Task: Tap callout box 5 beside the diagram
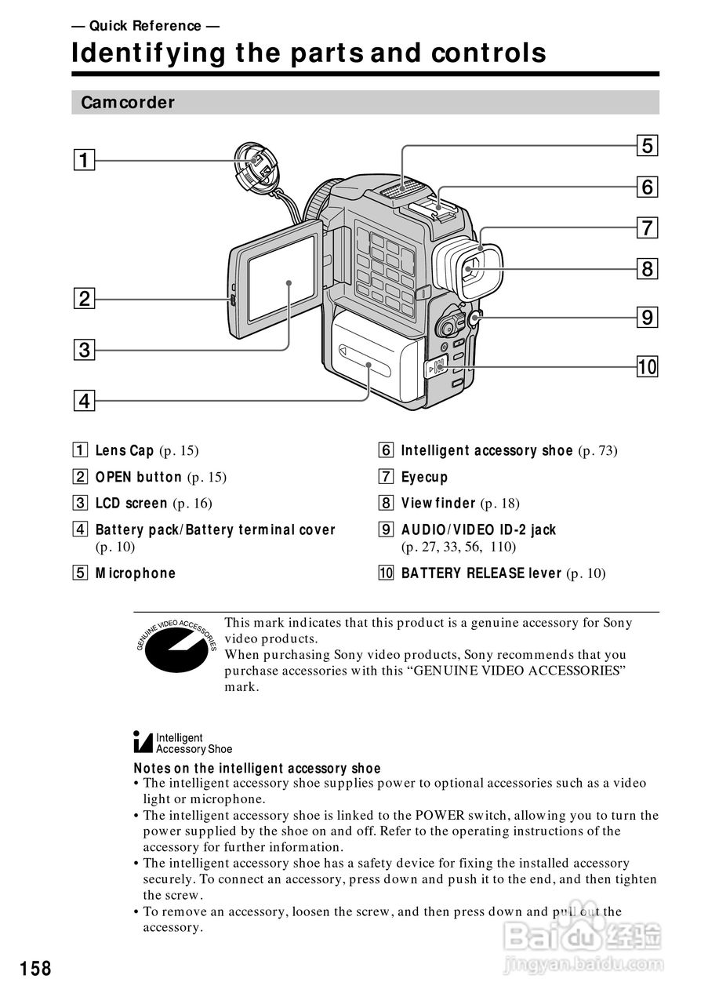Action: [x=647, y=146]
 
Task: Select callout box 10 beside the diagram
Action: [x=647, y=366]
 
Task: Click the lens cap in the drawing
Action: [x=257, y=166]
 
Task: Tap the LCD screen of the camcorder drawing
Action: [x=281, y=278]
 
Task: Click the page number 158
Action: [x=36, y=969]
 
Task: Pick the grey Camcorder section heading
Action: [x=128, y=103]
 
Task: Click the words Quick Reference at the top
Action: [x=145, y=26]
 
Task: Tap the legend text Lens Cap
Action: [x=124, y=450]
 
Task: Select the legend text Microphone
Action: [x=135, y=573]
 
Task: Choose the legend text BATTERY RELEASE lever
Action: [x=481, y=573]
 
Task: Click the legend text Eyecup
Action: [x=424, y=477]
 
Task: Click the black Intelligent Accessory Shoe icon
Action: [x=143, y=742]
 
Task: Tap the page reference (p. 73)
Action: [x=597, y=450]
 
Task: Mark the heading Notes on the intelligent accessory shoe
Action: [x=257, y=769]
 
